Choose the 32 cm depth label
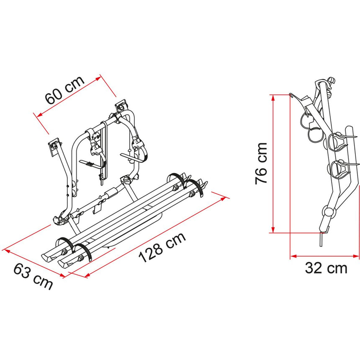point(327,268)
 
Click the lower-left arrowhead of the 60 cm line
point(38,114)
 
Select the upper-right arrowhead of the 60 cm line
point(100,77)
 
